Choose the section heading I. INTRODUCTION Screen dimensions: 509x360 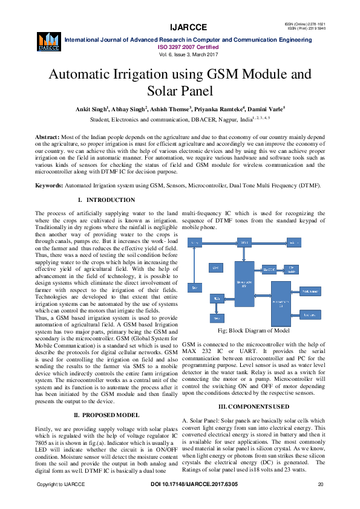pyautogui.click(x=106, y=199)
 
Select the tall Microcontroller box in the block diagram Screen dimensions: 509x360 pyautogui.click(x=244, y=282)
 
